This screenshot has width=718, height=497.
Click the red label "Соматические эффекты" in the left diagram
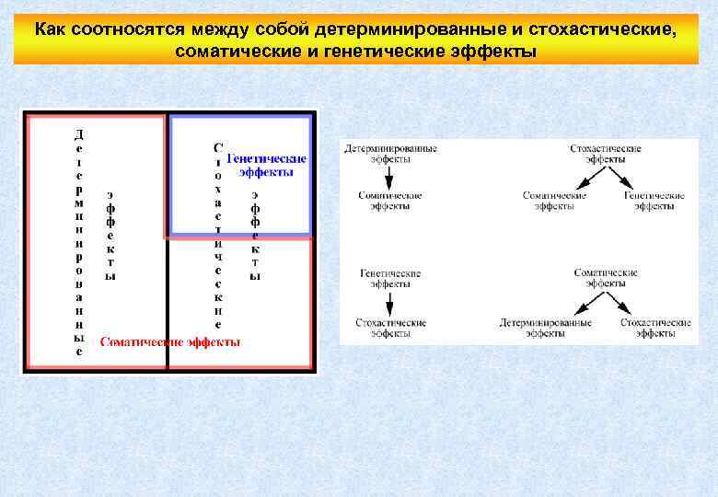click(170, 341)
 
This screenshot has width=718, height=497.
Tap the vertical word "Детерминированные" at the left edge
click(79, 242)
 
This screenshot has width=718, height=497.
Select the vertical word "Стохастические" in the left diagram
click(217, 236)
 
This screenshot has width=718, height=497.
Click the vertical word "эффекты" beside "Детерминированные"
click(110, 235)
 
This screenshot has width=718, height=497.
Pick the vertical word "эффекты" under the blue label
click(255, 235)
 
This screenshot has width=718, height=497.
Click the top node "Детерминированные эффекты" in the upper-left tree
click(390, 154)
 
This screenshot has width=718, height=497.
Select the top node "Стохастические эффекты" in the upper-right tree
click(606, 154)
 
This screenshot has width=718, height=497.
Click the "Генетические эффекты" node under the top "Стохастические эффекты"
click(654, 201)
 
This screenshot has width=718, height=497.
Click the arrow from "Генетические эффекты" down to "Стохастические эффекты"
click(389, 303)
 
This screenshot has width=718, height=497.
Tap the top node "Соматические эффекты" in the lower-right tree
click(606, 278)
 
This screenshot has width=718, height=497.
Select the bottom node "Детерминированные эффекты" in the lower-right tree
click(546, 329)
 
